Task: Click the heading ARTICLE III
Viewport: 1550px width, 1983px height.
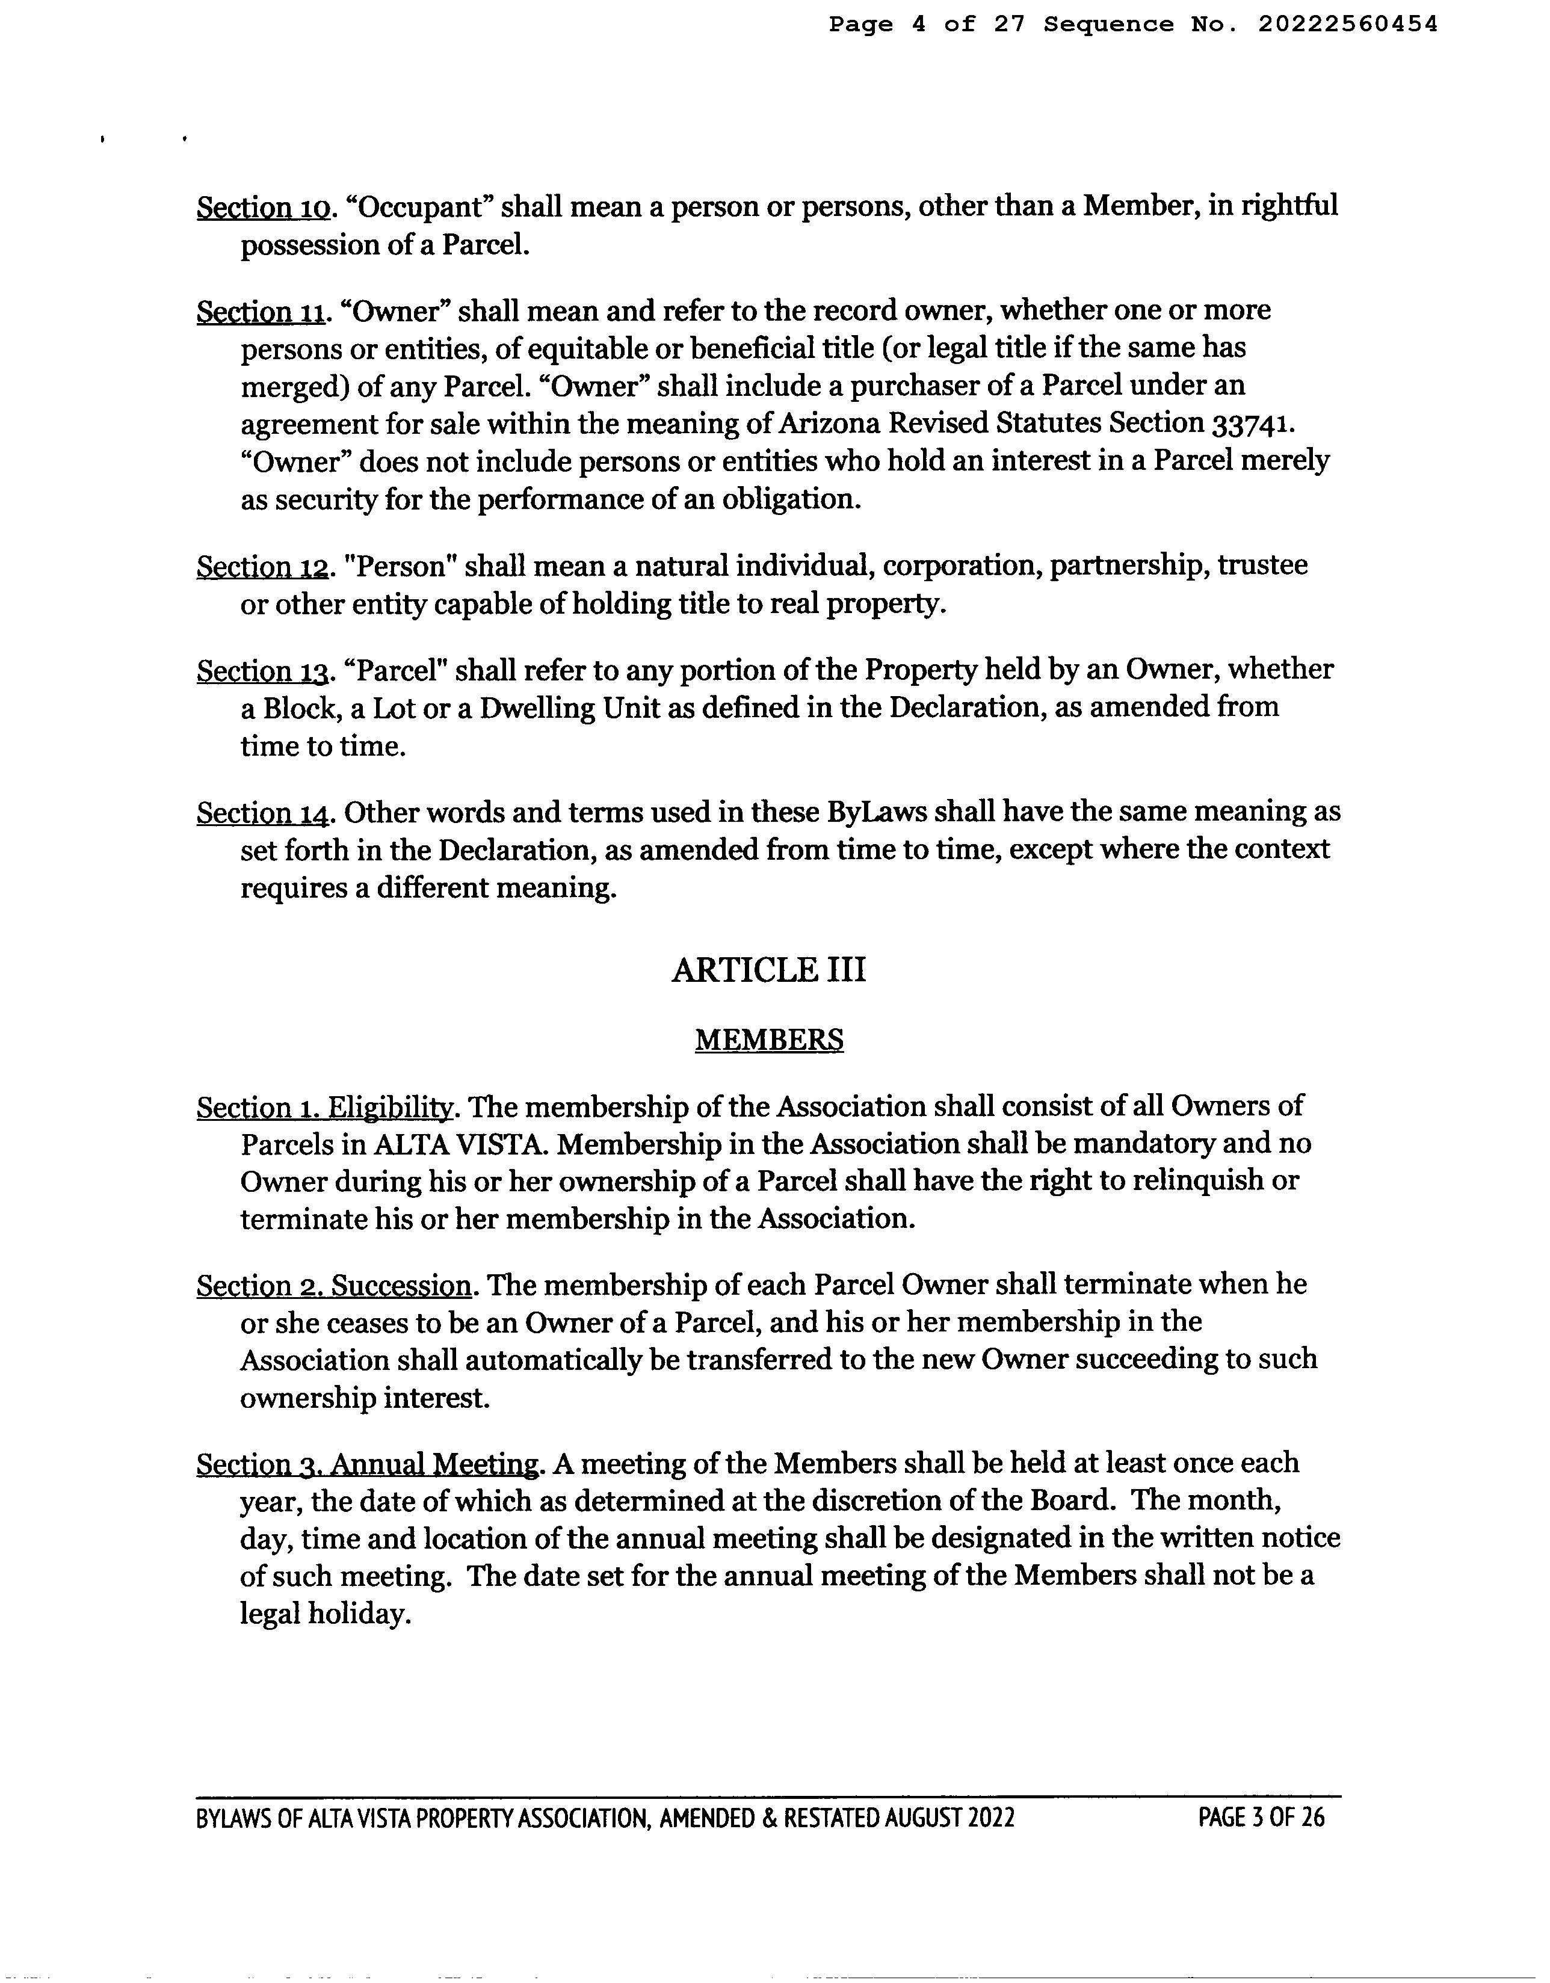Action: pos(768,970)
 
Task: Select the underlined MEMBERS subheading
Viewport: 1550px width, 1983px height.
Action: pos(768,1040)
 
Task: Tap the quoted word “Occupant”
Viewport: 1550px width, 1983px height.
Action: pos(419,207)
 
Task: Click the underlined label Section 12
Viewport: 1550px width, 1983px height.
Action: pos(262,567)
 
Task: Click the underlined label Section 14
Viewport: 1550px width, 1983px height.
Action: pos(262,813)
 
